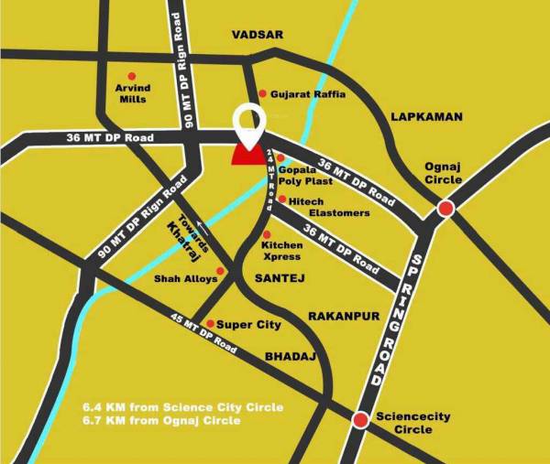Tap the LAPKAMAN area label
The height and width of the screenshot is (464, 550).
(427, 117)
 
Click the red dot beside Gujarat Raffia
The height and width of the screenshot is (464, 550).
(262, 93)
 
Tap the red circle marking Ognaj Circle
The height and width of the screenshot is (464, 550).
(446, 209)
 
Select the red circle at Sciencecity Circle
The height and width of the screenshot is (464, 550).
(360, 420)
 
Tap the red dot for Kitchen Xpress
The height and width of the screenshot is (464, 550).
(266, 235)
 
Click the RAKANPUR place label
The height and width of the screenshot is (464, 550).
(344, 316)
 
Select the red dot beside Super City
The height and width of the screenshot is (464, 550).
(210, 324)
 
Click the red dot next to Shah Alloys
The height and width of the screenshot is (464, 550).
(220, 271)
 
